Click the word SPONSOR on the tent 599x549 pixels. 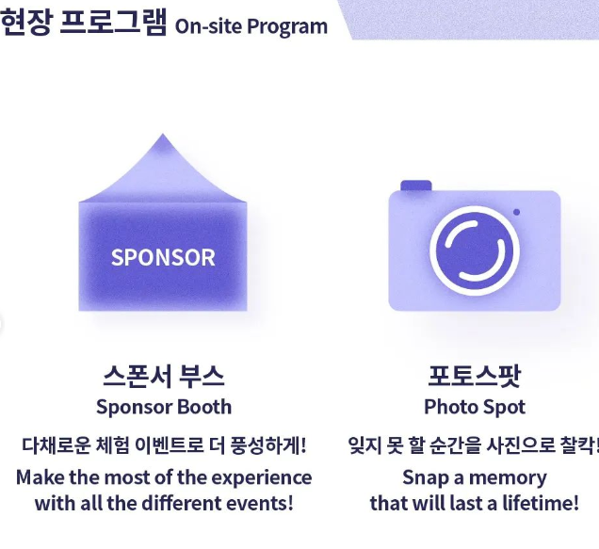[163, 257]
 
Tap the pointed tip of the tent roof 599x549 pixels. [163, 134]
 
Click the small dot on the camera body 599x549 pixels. [516, 212]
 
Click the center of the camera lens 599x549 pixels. [475, 251]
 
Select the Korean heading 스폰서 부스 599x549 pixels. [164, 377]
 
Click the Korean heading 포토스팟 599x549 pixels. [475, 377]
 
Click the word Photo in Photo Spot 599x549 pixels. [446, 407]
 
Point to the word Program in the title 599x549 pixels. [287, 26]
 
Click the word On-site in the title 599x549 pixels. [208, 26]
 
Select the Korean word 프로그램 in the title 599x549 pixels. [113, 22]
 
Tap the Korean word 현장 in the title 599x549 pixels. [25, 22]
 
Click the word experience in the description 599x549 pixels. [262, 478]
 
